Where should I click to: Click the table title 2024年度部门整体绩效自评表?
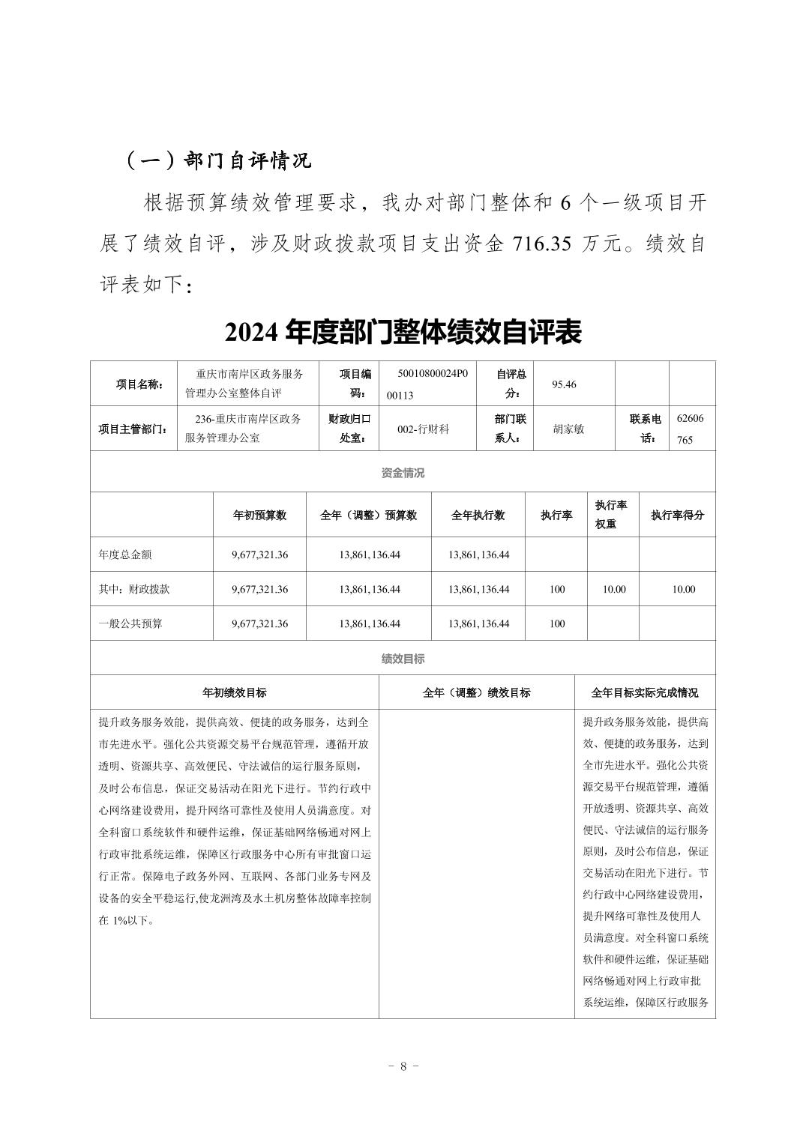pyautogui.click(x=403, y=333)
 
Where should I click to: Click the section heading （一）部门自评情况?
pyautogui.click(x=217, y=161)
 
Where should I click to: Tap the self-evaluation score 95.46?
pyautogui.click(x=564, y=384)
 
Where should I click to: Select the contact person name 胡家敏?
pyautogui.click(x=568, y=429)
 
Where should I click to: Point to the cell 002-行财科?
pyautogui.click(x=423, y=429)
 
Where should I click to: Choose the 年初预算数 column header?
pyautogui.click(x=260, y=515)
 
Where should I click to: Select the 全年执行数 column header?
pyautogui.click(x=478, y=515)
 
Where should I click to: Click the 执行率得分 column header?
pyautogui.click(x=677, y=515)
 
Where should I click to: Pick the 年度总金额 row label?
pyautogui.click(x=125, y=555)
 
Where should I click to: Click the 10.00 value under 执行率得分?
pyautogui.click(x=684, y=589)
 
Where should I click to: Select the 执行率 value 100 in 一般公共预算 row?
pyautogui.click(x=557, y=623)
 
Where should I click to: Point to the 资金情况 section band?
pyautogui.click(x=403, y=473)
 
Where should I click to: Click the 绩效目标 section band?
pyautogui.click(x=403, y=659)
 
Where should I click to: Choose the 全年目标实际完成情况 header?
pyautogui.click(x=645, y=692)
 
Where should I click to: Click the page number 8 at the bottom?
pyautogui.click(x=403, y=1066)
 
